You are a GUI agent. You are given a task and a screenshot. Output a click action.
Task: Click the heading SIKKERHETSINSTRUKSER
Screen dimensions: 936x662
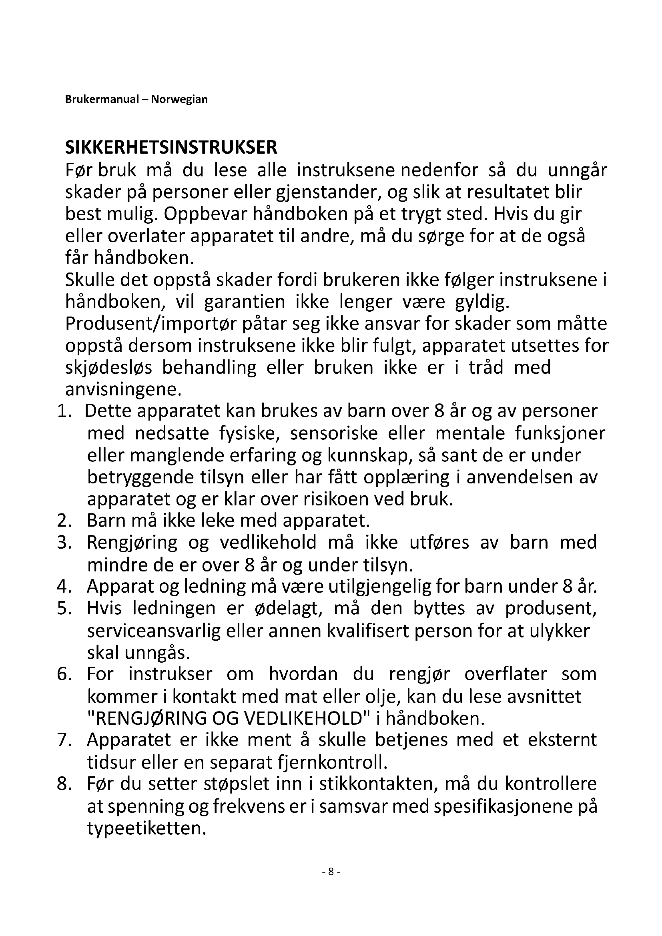coord(171,148)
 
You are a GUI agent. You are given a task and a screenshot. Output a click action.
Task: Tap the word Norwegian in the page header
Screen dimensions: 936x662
coord(179,100)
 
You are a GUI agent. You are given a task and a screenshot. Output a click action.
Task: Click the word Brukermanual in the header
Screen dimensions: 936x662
coord(102,100)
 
